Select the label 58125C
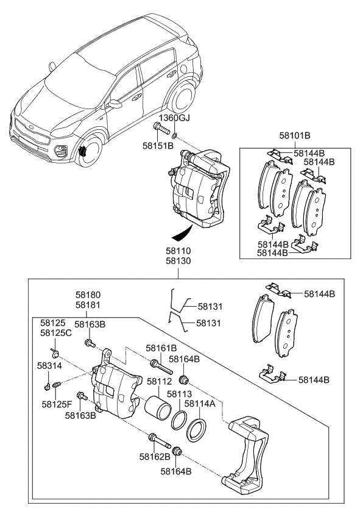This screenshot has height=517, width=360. [56, 333]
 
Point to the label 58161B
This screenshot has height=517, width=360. [161, 348]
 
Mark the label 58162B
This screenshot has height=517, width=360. [154, 455]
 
